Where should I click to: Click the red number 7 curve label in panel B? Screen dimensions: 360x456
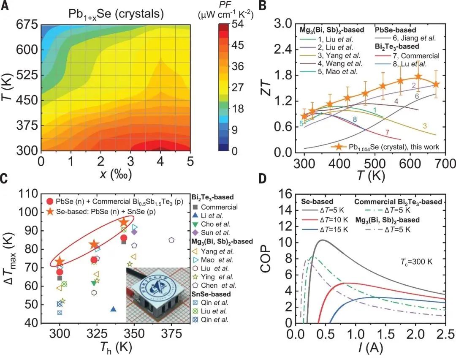pos(386,132)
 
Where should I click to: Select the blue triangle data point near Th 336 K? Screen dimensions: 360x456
pos(113,309)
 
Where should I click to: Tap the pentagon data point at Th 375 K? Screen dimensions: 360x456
pos(171,240)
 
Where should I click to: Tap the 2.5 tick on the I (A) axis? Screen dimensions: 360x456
pos(444,336)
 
